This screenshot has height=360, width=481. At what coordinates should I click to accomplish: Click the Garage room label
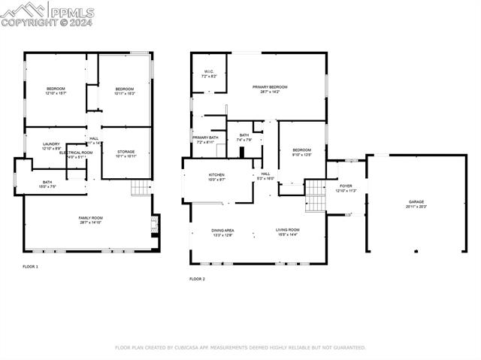click(x=416, y=201)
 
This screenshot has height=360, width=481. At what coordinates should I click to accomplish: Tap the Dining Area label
click(x=222, y=231)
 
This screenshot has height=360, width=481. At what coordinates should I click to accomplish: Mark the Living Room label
click(x=287, y=231)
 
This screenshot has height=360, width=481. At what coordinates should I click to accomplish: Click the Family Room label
click(x=90, y=219)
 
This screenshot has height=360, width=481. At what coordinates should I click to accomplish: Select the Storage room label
click(x=126, y=153)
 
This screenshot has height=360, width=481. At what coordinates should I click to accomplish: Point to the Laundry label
click(x=51, y=146)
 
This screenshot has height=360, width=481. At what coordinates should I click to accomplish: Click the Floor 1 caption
click(x=31, y=267)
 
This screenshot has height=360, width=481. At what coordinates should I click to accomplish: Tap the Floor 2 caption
click(x=197, y=279)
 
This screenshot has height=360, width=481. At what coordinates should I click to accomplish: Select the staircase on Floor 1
click(x=141, y=187)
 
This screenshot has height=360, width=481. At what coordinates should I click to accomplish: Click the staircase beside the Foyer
click(x=315, y=195)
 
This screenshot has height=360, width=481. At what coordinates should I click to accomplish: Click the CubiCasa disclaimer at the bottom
click(x=240, y=348)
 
